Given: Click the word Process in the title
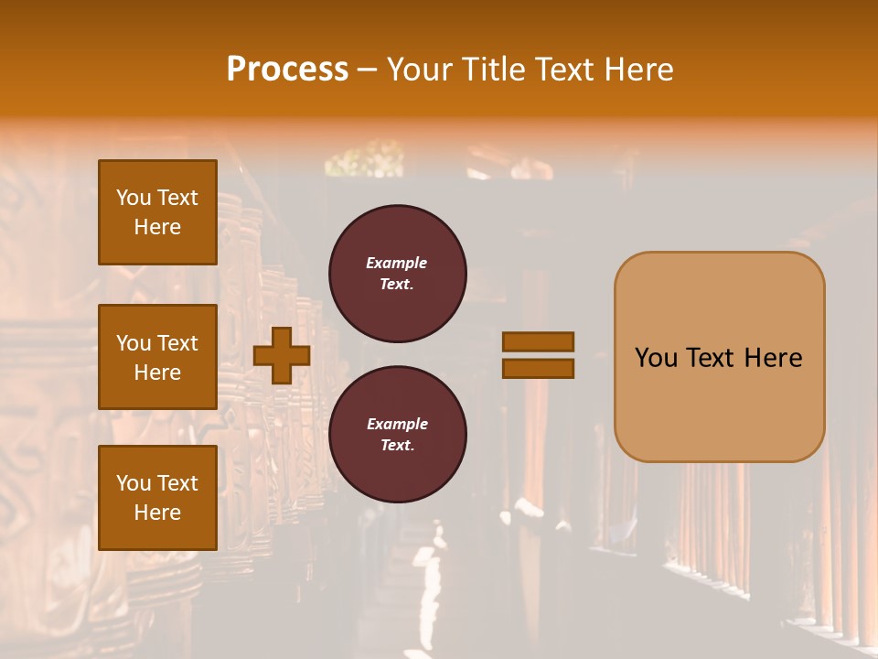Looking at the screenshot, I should (287, 69).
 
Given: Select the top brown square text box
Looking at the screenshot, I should (157, 212).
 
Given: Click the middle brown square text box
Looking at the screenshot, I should (157, 357).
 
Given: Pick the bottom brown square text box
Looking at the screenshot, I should (157, 497).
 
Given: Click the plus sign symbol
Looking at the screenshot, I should (282, 355).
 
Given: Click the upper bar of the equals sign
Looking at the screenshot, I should (538, 341).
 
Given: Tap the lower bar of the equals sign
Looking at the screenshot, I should (538, 368).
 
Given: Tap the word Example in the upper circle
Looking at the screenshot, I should (397, 263).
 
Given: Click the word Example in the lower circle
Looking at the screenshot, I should (397, 424).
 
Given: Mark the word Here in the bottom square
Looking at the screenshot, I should (157, 513).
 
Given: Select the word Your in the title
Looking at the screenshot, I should (421, 69).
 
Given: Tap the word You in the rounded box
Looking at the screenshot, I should (655, 358).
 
